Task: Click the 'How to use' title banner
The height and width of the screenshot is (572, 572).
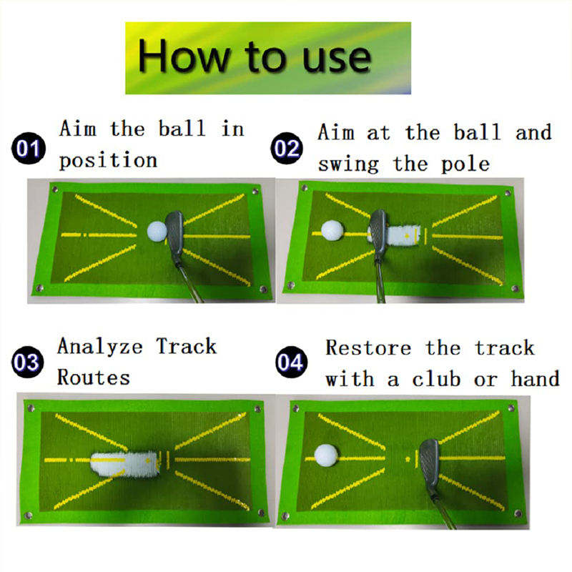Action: [x=268, y=58]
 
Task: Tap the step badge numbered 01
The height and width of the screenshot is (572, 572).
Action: [x=29, y=148]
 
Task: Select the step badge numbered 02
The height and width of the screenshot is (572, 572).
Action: [x=287, y=148]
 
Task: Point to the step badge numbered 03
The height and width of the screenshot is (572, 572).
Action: [x=27, y=362]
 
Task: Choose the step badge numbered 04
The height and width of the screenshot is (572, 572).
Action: [x=291, y=362]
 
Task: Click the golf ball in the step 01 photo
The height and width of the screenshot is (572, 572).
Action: [x=157, y=231]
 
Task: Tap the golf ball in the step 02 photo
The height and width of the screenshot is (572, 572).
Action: [x=332, y=230]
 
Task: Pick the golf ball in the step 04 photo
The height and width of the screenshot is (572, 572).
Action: [x=326, y=455]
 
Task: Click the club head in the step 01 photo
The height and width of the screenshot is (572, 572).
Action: [x=174, y=233]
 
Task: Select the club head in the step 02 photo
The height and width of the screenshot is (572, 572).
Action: [x=378, y=233]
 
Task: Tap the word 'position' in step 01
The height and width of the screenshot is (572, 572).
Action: [x=109, y=161]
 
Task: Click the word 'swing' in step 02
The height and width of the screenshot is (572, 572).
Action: [x=348, y=165]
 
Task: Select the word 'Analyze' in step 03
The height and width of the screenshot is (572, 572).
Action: [x=100, y=346]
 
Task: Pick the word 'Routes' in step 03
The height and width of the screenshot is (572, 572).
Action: [x=94, y=378]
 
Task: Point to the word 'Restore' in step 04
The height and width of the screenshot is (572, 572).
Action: [x=368, y=347]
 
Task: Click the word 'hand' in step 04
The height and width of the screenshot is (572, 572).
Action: [x=535, y=378]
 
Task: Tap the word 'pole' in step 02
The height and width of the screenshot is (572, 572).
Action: [x=465, y=165]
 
